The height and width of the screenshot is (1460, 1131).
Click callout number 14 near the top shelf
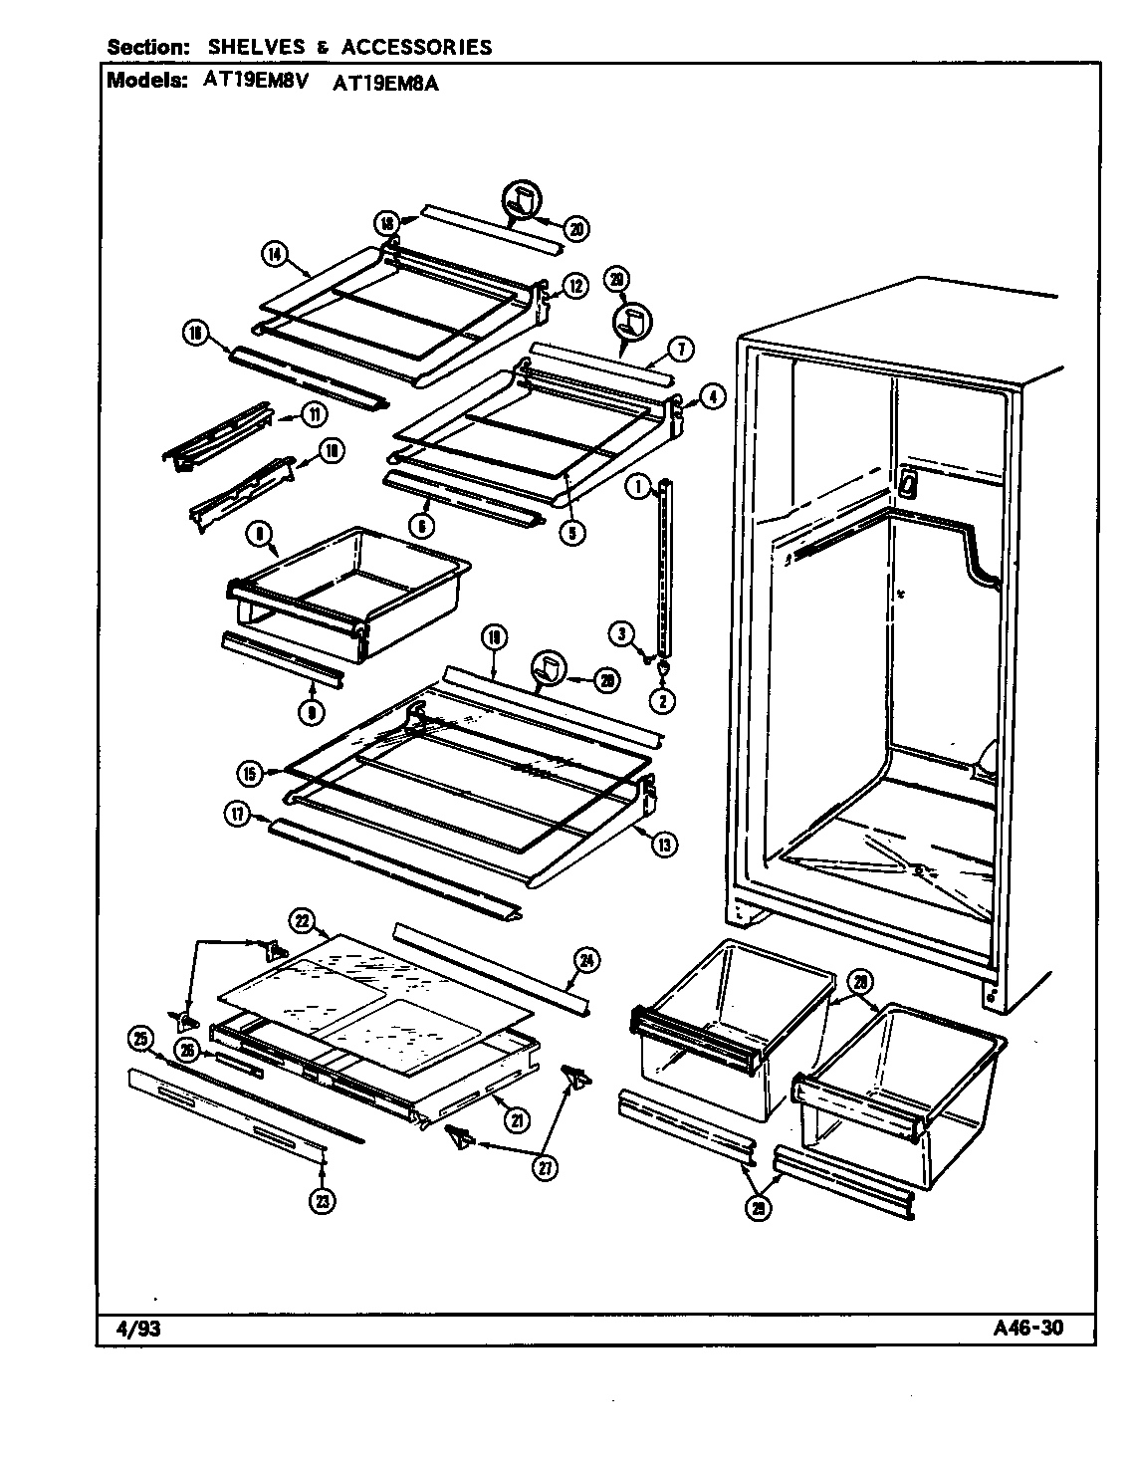pos(275,254)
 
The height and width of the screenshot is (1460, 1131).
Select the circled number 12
pos(574,286)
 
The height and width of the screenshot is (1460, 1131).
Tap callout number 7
pos(682,348)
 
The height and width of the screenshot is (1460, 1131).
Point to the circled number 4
pos(712,395)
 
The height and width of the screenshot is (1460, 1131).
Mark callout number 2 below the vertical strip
pos(663,700)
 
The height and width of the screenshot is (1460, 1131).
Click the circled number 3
pos(620,632)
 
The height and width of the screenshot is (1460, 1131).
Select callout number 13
pos(664,845)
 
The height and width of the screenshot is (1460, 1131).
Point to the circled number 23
pos(322,1201)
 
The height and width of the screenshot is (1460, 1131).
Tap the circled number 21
pos(516,1119)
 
